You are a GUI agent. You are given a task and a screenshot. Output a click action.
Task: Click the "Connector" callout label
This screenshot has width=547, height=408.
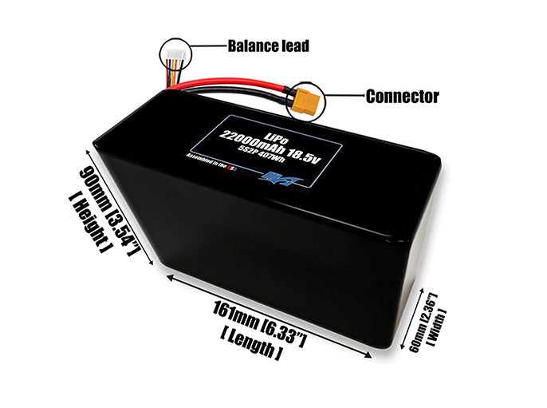[402, 97]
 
